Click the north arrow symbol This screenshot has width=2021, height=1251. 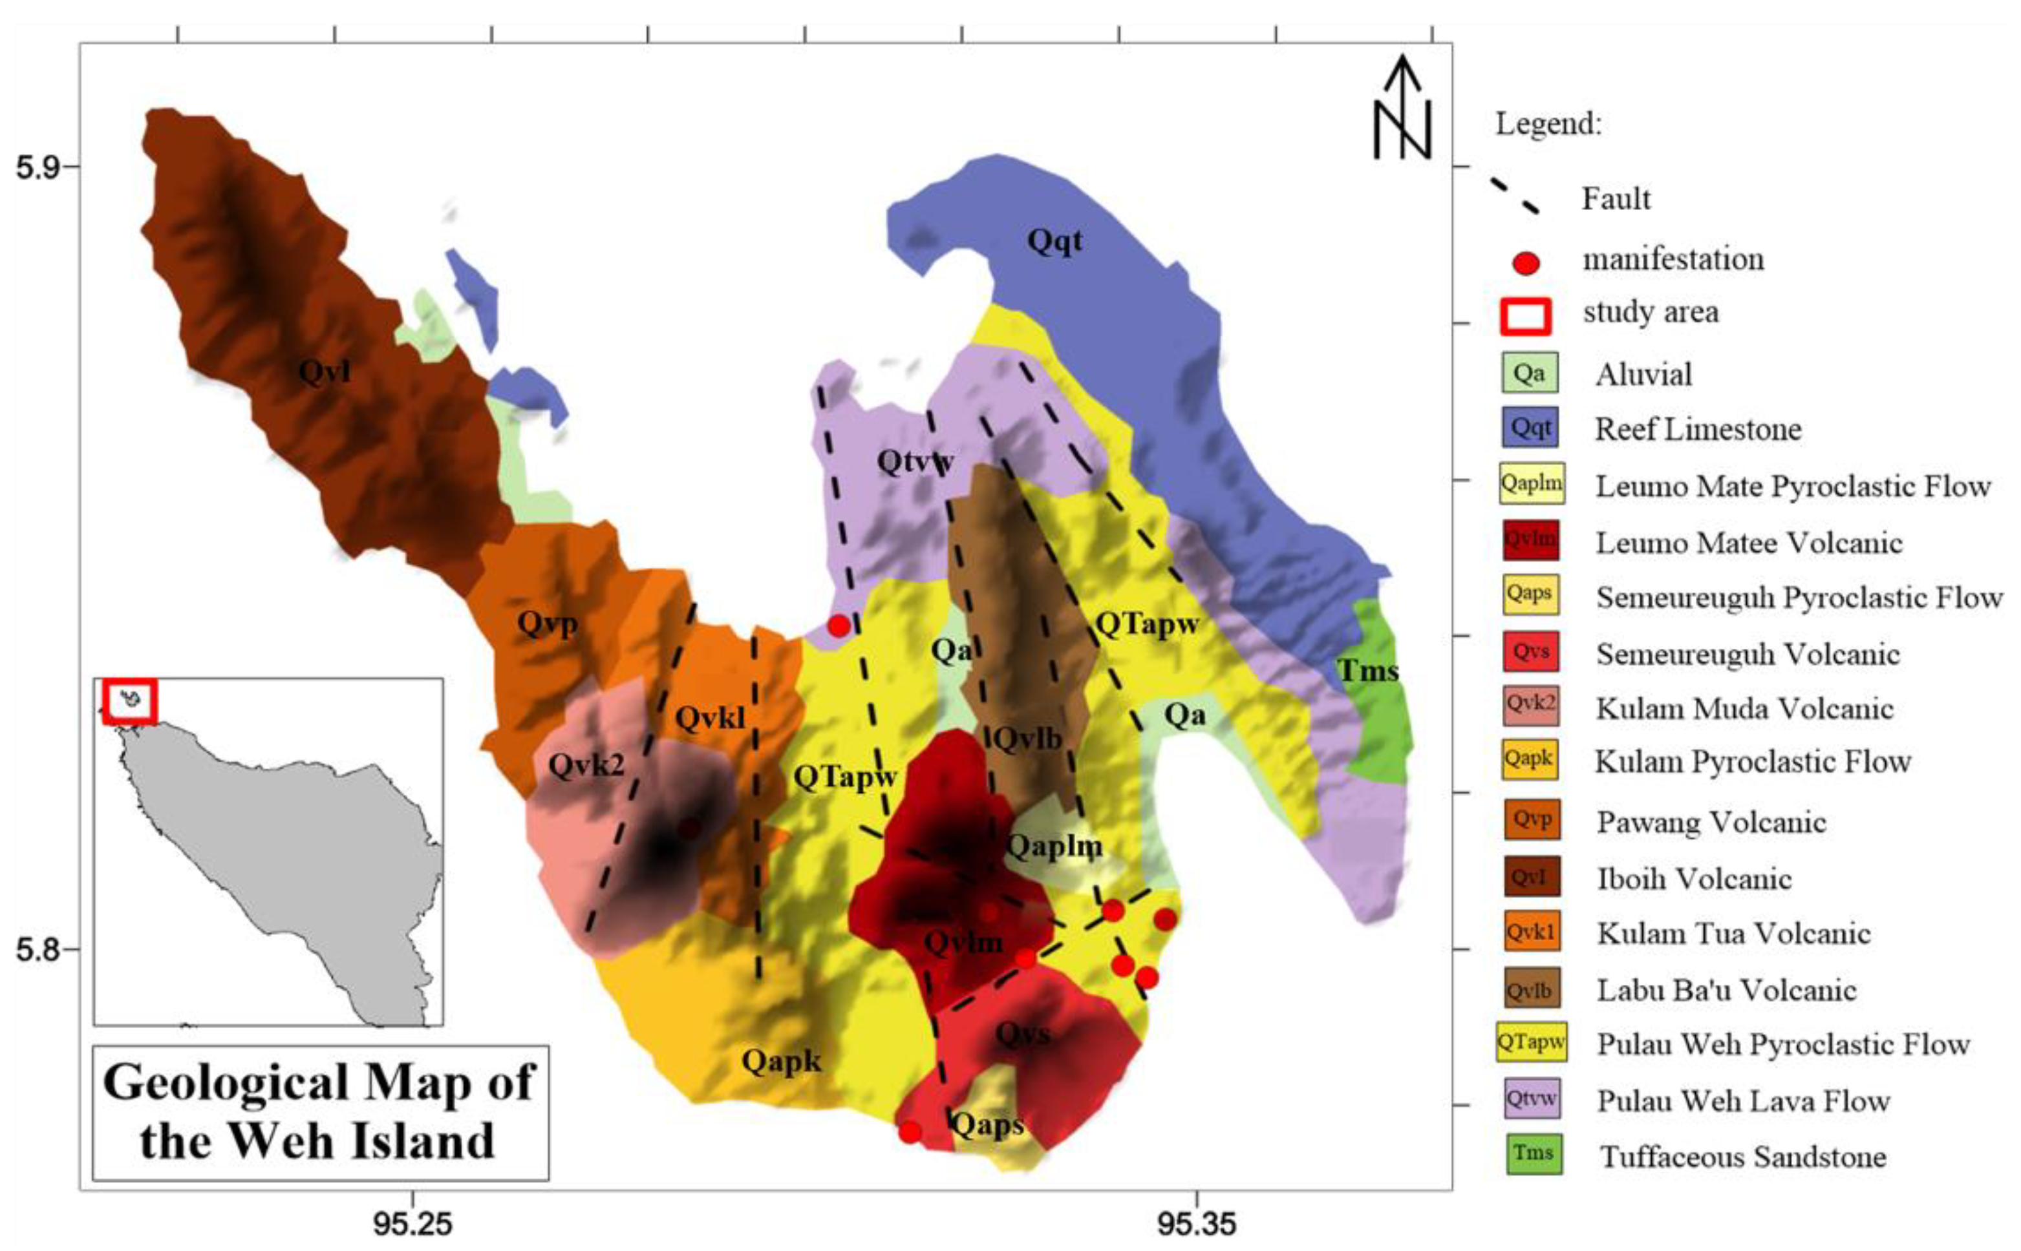[x=1402, y=107]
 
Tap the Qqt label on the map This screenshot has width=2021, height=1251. [x=1054, y=241]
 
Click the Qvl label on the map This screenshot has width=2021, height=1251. [x=324, y=372]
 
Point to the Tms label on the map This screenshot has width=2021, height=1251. [x=1368, y=670]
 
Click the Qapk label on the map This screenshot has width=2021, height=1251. [x=781, y=1060]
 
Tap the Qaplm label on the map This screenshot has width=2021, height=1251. [x=1054, y=846]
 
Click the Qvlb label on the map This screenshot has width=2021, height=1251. [x=1027, y=738]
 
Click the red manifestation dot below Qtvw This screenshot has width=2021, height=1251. [x=839, y=625]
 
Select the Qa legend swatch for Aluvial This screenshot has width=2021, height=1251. [x=1530, y=373]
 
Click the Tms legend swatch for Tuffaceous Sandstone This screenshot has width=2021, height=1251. [x=1533, y=1153]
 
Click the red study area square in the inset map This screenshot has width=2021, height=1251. [x=129, y=701]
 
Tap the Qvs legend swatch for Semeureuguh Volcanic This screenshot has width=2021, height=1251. [x=1530, y=651]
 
